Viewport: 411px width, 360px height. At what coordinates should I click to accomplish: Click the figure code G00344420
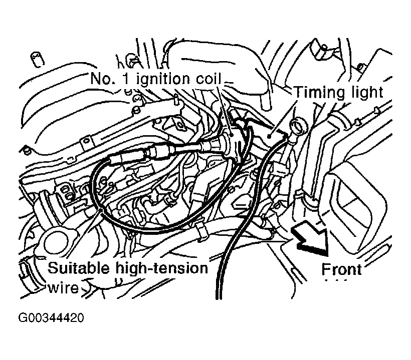point(51,318)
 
